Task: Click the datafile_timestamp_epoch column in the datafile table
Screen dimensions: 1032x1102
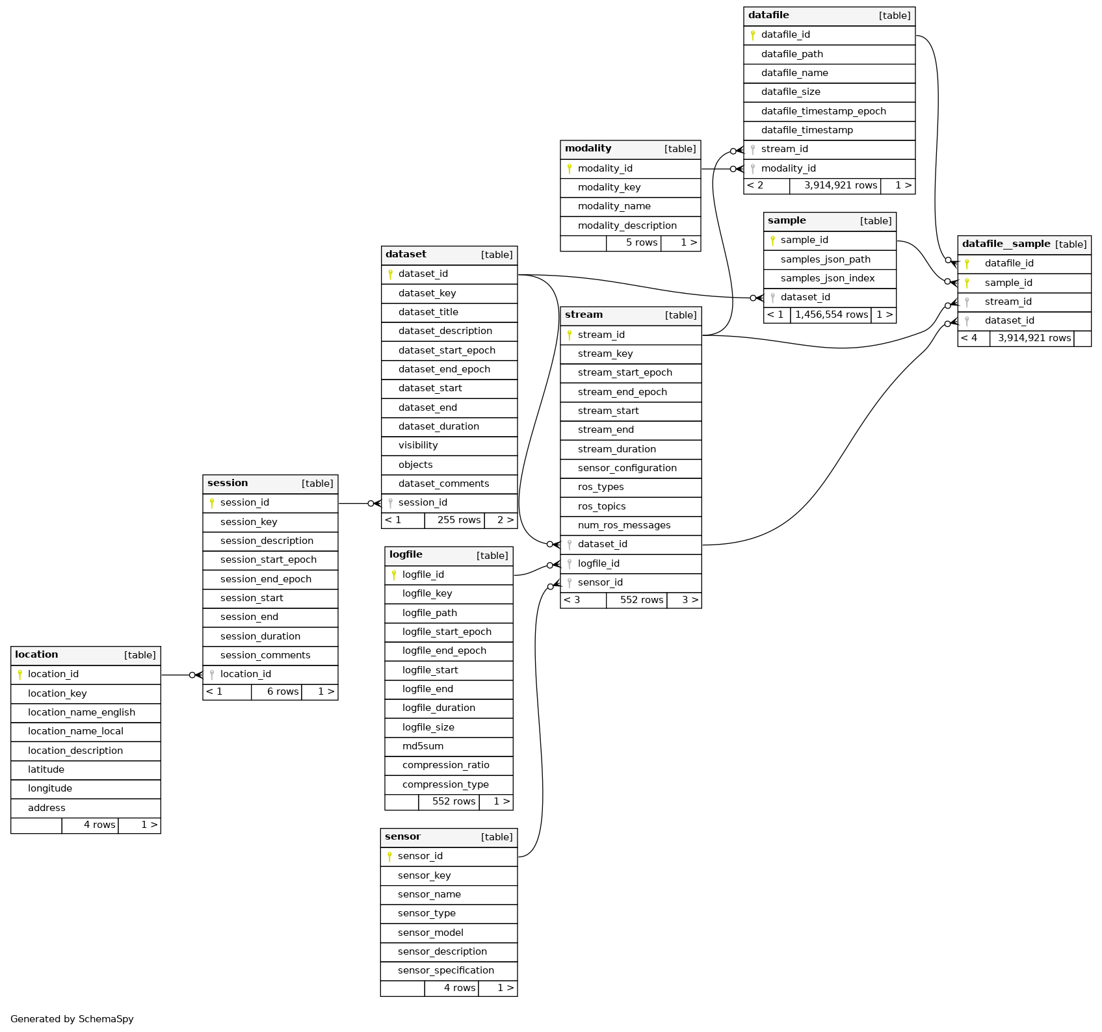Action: (823, 111)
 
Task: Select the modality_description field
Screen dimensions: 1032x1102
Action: (627, 226)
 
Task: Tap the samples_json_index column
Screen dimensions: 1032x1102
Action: (827, 278)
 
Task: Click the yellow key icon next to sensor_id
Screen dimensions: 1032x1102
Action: (389, 857)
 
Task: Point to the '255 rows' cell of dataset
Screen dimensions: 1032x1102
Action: (458, 520)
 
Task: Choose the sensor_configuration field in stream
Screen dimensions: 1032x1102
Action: (627, 468)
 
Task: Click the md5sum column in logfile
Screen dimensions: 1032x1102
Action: (423, 746)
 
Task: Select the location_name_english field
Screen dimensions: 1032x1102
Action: (81, 712)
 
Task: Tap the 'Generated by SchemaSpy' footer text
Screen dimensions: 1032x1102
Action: (72, 1018)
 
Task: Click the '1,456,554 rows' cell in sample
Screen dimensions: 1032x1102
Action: (831, 315)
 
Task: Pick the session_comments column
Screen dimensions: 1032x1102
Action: (265, 655)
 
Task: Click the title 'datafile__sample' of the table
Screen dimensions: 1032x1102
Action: (1006, 244)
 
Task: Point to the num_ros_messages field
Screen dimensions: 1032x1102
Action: (623, 525)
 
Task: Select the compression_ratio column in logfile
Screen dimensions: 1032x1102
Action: (445, 765)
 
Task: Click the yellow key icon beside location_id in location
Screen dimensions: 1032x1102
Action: (20, 675)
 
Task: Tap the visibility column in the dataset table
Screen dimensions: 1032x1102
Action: (418, 445)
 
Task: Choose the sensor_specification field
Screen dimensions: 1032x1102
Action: (445, 970)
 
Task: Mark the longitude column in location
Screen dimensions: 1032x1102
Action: (50, 788)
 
